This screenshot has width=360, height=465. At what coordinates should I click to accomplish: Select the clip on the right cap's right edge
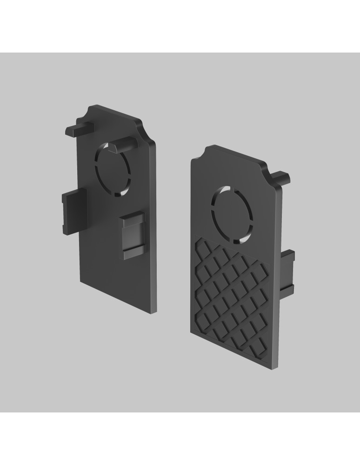click(288, 272)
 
